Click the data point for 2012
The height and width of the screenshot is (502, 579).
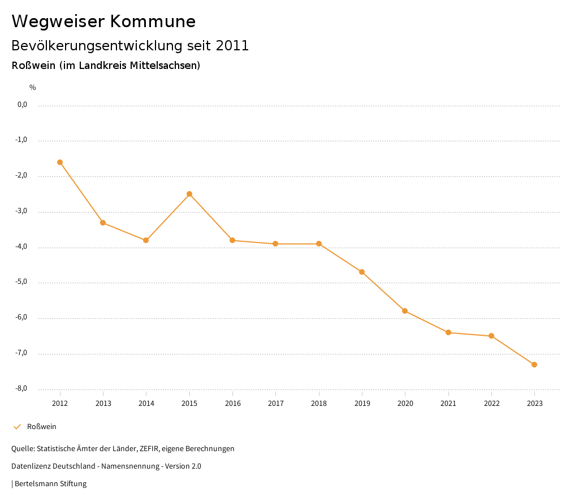[60, 162]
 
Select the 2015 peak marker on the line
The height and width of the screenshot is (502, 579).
[189, 194]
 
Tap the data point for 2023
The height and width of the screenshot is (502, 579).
[534, 365]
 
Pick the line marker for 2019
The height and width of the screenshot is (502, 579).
[362, 272]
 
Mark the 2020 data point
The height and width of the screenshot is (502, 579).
[405, 311]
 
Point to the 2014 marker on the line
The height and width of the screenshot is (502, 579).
[146, 240]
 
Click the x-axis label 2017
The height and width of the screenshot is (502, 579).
[276, 403]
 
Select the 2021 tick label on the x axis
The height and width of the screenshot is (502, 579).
[448, 403]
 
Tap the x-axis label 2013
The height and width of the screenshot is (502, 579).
[103, 403]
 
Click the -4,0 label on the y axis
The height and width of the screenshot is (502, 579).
[22, 247]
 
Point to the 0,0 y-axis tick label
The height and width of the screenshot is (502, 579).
[23, 105]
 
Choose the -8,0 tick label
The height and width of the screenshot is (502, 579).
[22, 389]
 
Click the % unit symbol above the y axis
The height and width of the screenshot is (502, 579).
[33, 88]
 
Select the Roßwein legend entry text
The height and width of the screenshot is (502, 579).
[42, 427]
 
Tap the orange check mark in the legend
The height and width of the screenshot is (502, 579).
[17, 427]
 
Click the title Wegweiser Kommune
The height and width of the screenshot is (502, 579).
[103, 21]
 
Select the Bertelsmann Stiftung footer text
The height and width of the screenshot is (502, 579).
[50, 484]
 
